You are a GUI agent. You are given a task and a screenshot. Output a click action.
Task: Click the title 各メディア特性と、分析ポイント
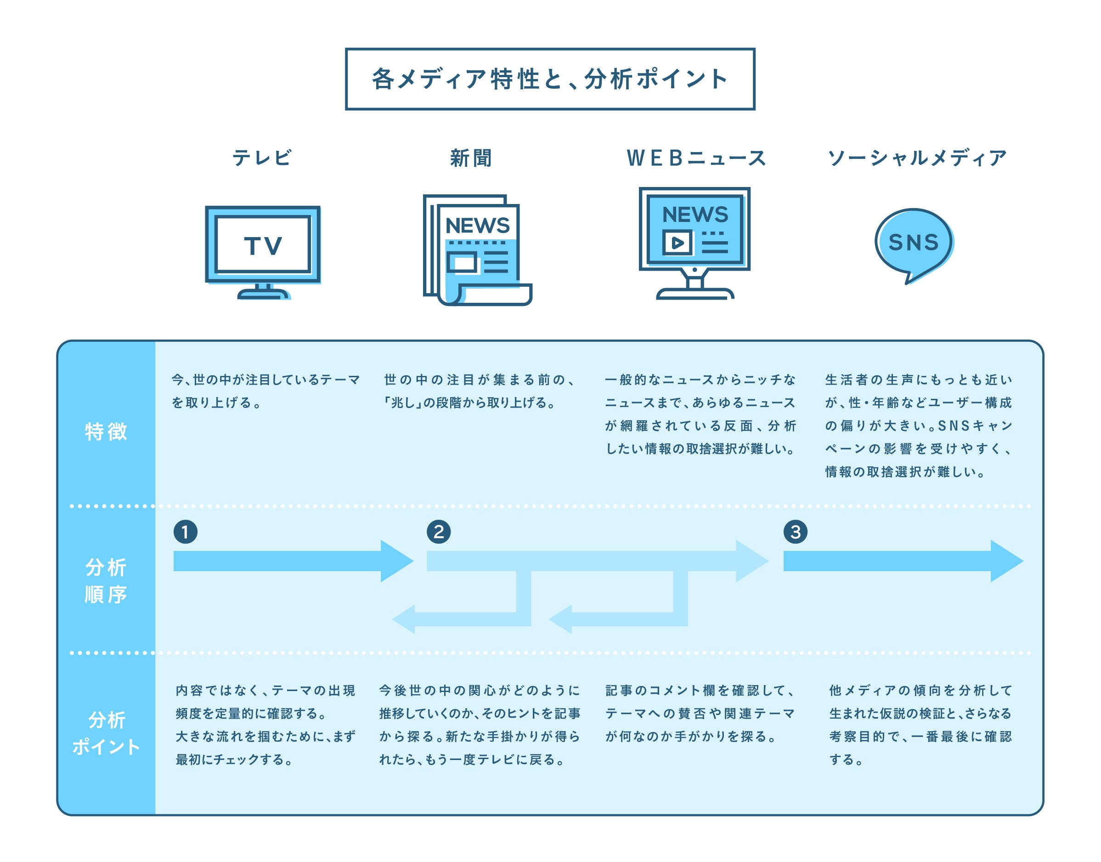(x=549, y=79)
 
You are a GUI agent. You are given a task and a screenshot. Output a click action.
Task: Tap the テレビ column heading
(x=262, y=158)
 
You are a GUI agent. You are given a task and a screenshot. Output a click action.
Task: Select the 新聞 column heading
(x=471, y=158)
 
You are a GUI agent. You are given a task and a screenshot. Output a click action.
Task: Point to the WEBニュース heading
(x=696, y=158)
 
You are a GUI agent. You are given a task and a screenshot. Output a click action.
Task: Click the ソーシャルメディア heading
(x=917, y=158)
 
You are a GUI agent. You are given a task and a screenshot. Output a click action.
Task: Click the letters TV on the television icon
(x=263, y=246)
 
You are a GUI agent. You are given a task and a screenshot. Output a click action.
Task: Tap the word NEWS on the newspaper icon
(x=477, y=226)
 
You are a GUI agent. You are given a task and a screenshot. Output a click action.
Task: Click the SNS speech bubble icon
(x=913, y=242)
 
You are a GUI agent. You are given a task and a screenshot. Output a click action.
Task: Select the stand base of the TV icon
(x=263, y=294)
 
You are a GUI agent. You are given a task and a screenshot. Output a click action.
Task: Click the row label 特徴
(x=106, y=432)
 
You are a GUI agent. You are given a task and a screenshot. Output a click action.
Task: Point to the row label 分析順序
(x=106, y=581)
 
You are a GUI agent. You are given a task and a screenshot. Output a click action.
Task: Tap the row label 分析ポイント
(x=106, y=733)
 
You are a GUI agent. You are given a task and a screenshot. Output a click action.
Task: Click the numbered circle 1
(x=185, y=532)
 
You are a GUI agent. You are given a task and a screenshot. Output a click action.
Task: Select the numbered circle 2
(x=439, y=532)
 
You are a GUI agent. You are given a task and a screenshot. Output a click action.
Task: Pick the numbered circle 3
(x=795, y=532)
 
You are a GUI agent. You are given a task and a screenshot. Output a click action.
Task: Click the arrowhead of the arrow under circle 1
(x=396, y=561)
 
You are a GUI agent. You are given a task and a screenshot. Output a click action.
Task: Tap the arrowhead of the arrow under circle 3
(x=1006, y=561)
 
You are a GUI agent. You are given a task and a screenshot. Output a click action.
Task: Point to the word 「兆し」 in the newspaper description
(x=402, y=403)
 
